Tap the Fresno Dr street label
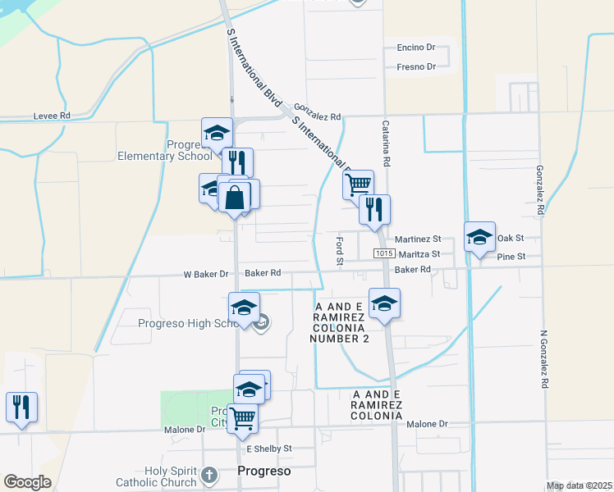pyautogui.click(x=417, y=66)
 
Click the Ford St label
pyautogui.click(x=339, y=251)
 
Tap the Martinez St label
pyautogui.click(x=418, y=239)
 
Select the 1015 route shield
pyautogui.click(x=383, y=254)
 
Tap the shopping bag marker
pyautogui.click(x=235, y=197)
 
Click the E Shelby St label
pyautogui.click(x=269, y=449)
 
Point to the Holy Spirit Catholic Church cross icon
pyautogui.click(x=209, y=475)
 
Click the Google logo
pyautogui.click(x=28, y=482)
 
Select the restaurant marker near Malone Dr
pyautogui.click(x=21, y=406)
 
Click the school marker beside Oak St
pyautogui.click(x=479, y=237)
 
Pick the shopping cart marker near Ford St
pyautogui.click(x=358, y=184)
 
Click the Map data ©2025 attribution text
pyautogui.click(x=579, y=485)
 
